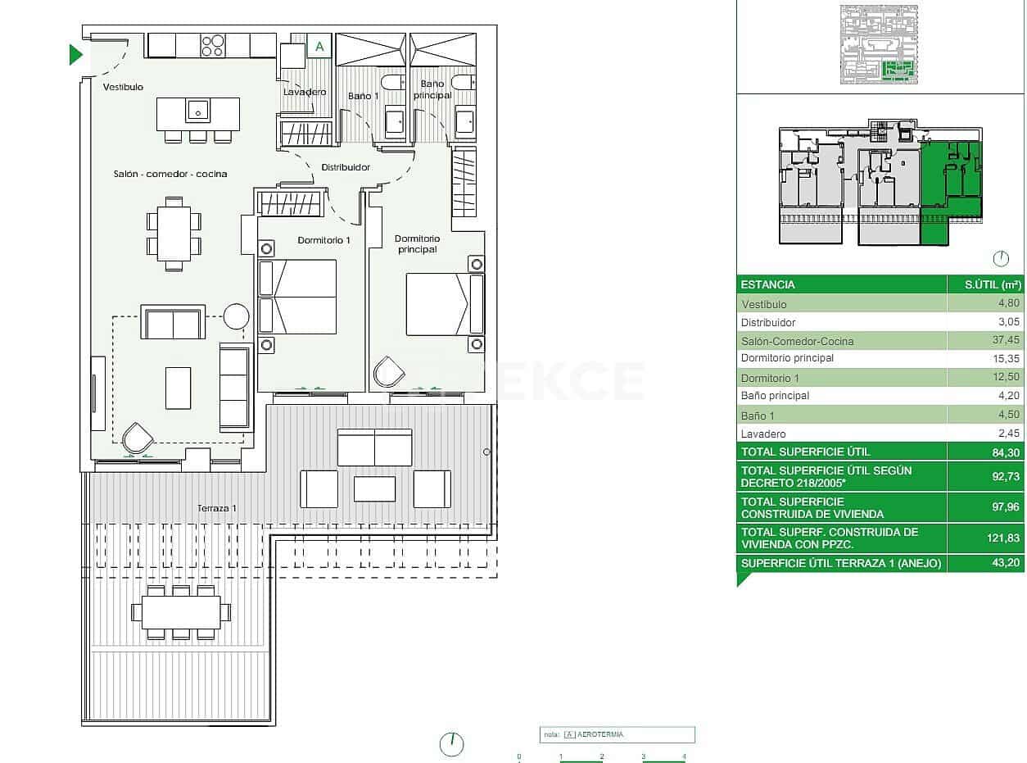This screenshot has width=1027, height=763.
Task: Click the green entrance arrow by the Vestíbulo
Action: [75, 55]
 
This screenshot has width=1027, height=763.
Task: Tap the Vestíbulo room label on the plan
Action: [123, 87]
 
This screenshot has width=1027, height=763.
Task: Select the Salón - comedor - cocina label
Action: [170, 174]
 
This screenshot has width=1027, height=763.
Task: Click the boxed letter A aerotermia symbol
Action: [319, 47]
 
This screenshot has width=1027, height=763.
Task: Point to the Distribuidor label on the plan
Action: [345, 167]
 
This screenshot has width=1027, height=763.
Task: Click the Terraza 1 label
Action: [216, 509]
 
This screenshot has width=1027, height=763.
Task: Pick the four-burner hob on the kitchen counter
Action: [212, 45]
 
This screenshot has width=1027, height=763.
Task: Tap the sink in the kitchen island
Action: [198, 109]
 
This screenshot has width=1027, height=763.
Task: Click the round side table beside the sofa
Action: [236, 316]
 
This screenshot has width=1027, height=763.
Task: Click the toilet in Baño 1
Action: [393, 82]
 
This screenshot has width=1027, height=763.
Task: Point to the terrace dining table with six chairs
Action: [181, 612]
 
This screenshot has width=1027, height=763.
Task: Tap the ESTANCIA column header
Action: [767, 285]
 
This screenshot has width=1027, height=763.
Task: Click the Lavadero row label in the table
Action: [763, 434]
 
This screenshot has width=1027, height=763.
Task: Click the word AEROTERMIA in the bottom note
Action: [600, 734]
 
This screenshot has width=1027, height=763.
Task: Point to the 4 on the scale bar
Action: [684, 756]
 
